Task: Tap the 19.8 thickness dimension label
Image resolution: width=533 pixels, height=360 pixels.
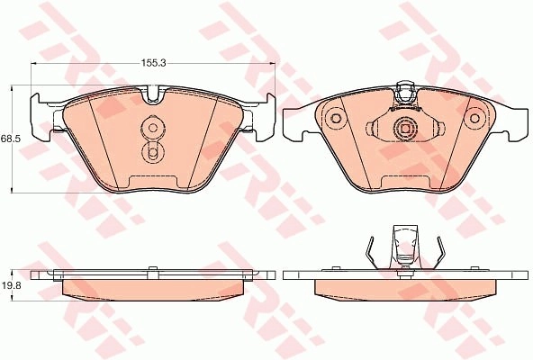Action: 11,285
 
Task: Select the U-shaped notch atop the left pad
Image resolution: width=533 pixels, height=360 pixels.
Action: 153,94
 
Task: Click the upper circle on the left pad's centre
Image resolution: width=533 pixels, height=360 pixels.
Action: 153,128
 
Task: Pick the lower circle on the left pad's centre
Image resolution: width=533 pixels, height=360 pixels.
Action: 153,153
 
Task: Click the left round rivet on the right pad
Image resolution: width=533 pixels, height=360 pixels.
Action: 336,118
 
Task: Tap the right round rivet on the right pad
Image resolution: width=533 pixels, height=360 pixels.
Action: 474,118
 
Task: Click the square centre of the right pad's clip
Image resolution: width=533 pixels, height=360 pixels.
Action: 405,129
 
